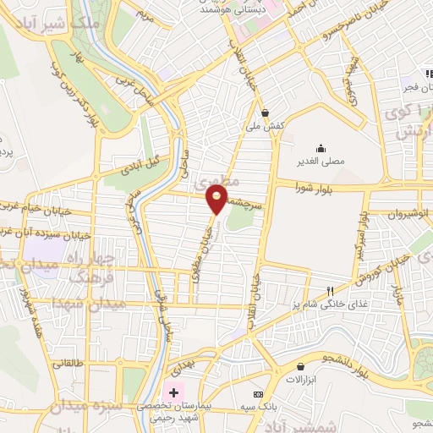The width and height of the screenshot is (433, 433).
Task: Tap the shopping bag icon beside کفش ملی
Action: [x=266, y=112]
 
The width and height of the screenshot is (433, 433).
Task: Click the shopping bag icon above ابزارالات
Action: [x=301, y=366]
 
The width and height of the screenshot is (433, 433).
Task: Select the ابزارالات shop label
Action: [x=301, y=381]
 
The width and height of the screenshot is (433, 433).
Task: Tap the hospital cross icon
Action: [x=175, y=392]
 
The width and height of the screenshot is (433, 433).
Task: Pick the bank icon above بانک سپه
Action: [x=258, y=395]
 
